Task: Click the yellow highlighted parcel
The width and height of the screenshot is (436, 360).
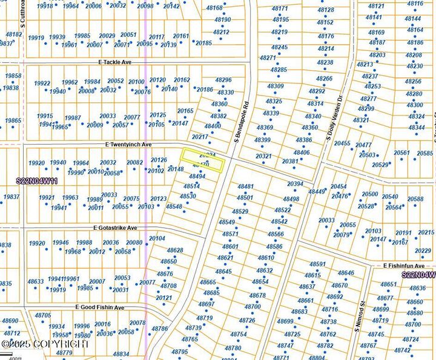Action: [203, 160]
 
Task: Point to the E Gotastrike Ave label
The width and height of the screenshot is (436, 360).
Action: [115, 228]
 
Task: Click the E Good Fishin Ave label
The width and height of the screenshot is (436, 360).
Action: [99, 307]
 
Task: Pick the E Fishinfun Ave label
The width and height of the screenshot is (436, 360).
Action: [404, 266]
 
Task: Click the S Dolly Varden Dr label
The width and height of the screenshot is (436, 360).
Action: [334, 119]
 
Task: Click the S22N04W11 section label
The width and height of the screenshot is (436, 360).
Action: [37, 181]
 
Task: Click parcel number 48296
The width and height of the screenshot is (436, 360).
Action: [223, 80]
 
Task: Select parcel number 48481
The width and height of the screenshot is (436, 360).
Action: [245, 187]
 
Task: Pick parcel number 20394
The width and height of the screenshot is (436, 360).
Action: [296, 184]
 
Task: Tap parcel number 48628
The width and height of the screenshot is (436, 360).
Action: [174, 250]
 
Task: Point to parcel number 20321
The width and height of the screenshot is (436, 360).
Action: [263, 155]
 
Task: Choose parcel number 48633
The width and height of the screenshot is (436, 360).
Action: [36, 281]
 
